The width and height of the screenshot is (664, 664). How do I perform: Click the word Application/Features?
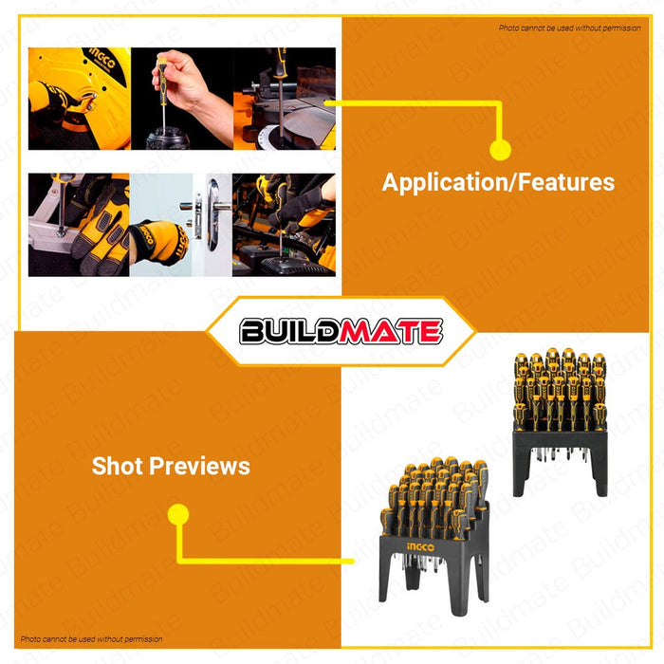[x=498, y=182]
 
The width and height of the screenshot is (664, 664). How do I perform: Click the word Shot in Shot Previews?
[x=118, y=466]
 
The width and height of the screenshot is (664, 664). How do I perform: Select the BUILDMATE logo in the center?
[x=341, y=331]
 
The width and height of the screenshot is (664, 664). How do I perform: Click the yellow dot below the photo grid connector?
[x=500, y=149]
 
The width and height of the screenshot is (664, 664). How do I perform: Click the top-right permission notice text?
[x=570, y=28]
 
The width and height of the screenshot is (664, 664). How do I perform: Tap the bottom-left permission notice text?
[x=91, y=639]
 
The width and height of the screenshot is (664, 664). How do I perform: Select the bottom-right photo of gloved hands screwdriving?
[x=284, y=224]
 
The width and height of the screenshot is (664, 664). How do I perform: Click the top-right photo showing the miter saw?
[x=284, y=99]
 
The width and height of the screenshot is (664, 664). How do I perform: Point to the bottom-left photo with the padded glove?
[x=79, y=224]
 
